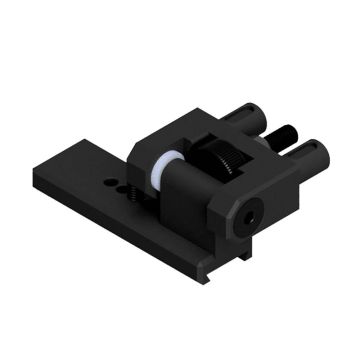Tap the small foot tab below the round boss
(x=244, y=255)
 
